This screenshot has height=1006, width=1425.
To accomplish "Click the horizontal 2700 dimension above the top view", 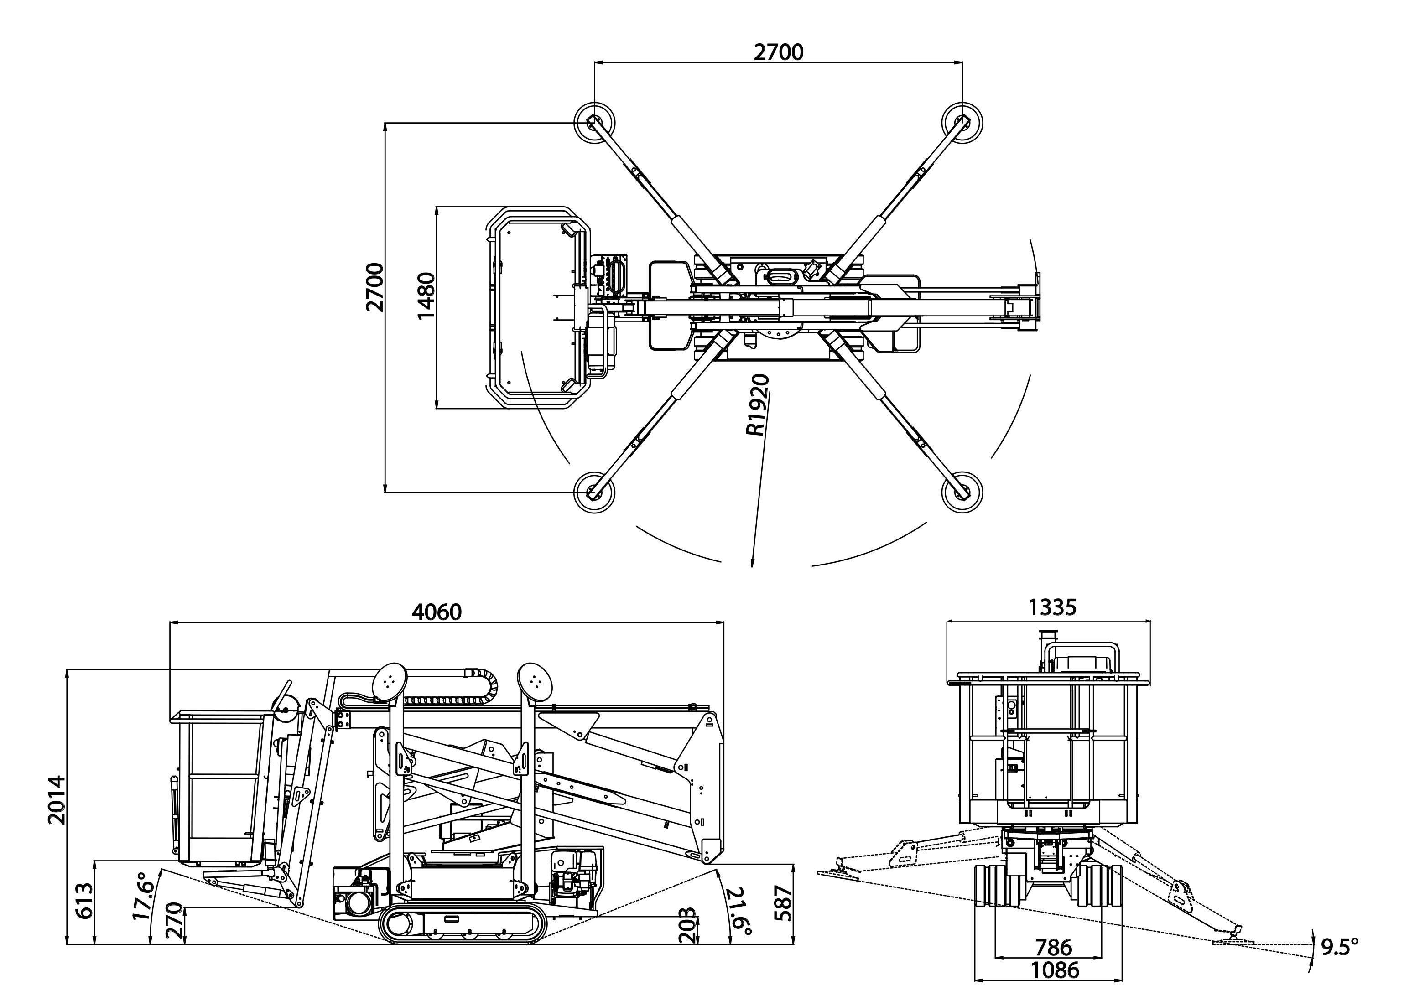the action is (778, 52).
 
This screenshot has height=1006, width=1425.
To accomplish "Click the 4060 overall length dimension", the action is (437, 612).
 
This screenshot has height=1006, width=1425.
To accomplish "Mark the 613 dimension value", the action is (84, 901).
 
